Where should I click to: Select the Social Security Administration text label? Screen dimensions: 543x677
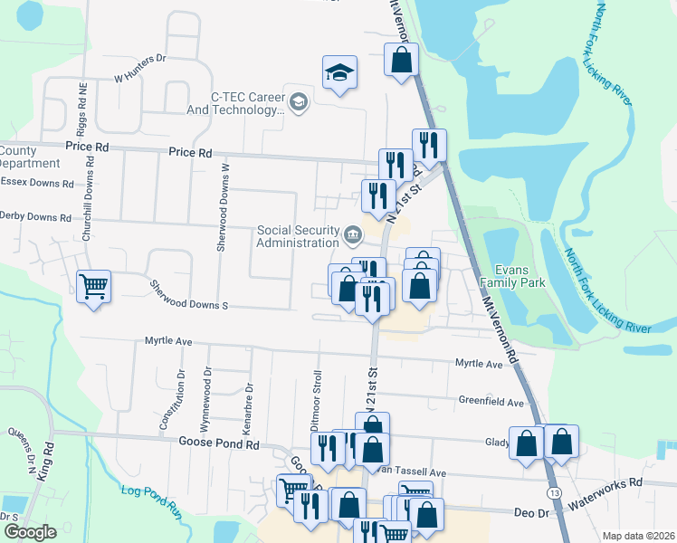[x=297, y=236]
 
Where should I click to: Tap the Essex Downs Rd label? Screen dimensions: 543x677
[x=36, y=183]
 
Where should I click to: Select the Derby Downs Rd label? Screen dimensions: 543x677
[x=35, y=217]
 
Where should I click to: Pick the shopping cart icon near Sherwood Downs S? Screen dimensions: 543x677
[x=93, y=286]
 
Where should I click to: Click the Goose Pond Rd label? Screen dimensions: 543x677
[x=222, y=444]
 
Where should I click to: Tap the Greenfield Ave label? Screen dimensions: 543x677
[x=491, y=402]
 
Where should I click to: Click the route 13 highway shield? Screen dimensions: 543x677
[x=551, y=491]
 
